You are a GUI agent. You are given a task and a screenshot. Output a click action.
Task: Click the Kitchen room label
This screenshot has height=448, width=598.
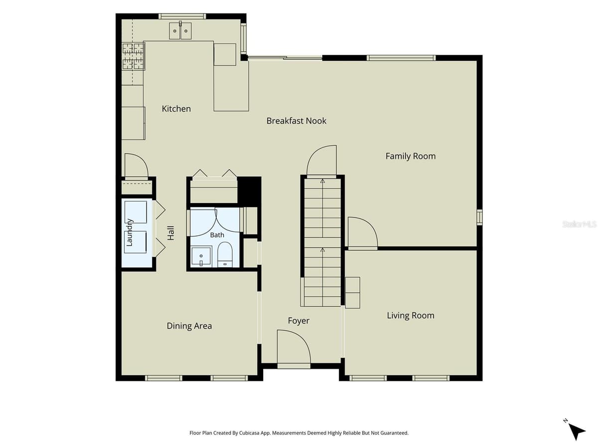(x=176, y=109)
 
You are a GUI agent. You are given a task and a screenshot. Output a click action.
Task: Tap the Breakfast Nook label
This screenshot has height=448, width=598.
(x=296, y=121)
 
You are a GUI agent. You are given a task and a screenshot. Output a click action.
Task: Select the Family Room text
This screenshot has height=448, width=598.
(x=410, y=156)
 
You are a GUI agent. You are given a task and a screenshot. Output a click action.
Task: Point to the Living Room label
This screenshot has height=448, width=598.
(x=410, y=316)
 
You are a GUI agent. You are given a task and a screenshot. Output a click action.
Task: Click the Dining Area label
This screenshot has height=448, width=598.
(x=189, y=326)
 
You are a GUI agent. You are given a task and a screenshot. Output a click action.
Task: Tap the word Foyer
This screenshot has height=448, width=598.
(x=299, y=321)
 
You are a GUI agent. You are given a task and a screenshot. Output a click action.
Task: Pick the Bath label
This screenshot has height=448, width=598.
(x=217, y=235)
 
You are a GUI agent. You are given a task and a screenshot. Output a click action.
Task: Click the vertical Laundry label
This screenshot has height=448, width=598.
(x=130, y=232)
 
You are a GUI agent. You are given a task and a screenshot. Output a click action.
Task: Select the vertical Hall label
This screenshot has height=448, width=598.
(x=170, y=233)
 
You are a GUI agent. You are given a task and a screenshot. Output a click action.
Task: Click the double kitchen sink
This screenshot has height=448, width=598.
(x=180, y=31)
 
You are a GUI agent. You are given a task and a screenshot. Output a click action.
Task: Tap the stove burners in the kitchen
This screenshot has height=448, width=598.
(x=133, y=56)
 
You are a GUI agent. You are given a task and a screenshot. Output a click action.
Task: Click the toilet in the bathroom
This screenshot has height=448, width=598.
(x=225, y=254)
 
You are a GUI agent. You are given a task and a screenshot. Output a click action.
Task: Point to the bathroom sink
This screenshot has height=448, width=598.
(x=201, y=256)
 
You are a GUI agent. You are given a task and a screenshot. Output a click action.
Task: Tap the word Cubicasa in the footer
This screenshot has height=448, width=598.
(x=249, y=433)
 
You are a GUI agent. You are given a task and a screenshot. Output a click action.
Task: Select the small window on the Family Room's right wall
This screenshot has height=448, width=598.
(x=479, y=218)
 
